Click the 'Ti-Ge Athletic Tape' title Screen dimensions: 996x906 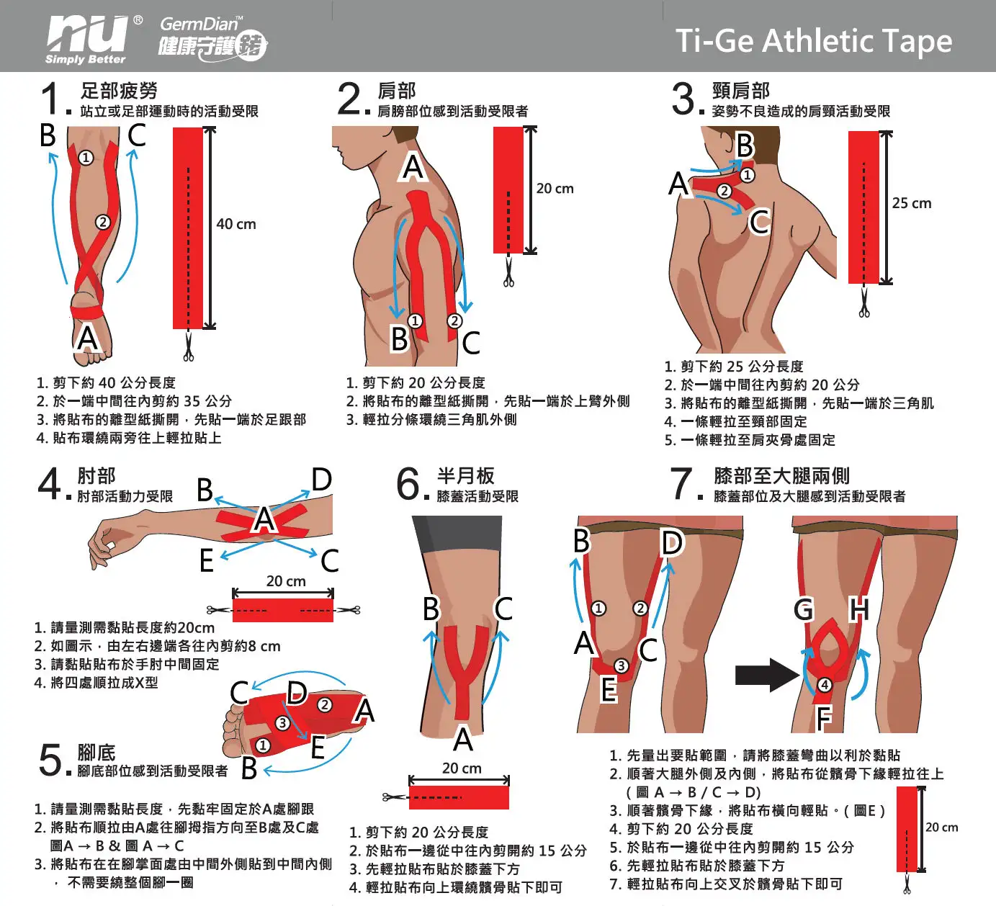[x=814, y=41]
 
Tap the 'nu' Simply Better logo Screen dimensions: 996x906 [x=89, y=39]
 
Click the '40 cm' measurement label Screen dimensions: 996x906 [x=235, y=224]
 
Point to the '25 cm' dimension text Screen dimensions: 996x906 [x=912, y=203]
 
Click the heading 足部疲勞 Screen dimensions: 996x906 [x=119, y=91]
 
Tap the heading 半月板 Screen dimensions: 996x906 [x=466, y=475]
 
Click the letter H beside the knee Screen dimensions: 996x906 [x=859, y=609]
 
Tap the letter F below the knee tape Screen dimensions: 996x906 [x=824, y=718]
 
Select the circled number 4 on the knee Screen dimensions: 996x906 [x=825, y=685]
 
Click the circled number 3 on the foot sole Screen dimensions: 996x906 [x=282, y=723]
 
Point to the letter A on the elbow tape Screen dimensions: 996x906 [x=264, y=520]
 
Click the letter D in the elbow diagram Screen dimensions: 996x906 [x=322, y=480]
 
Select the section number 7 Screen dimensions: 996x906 [x=682, y=483]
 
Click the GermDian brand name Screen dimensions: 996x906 [x=201, y=23]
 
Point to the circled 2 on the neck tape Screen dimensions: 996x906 [x=724, y=191]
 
